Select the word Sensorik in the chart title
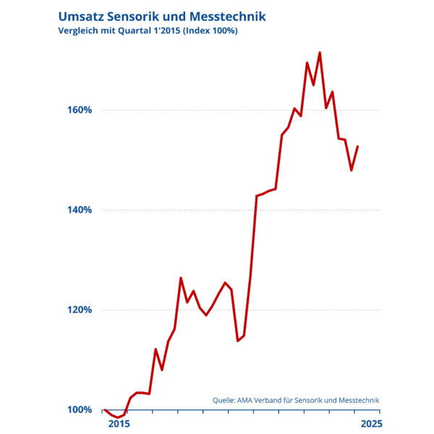click(137, 15)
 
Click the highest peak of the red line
click(320, 52)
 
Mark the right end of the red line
click(358, 146)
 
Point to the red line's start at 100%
click(105, 409)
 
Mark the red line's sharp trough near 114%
click(237, 341)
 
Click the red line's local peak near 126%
click(181, 278)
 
